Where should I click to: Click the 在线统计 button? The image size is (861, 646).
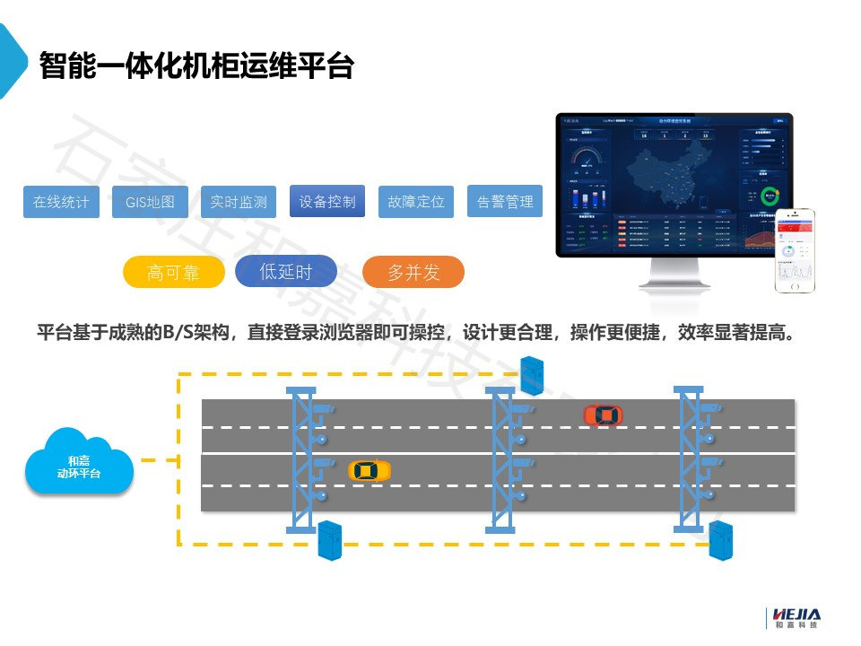pos(61,202)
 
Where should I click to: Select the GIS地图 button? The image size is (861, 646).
pos(150,202)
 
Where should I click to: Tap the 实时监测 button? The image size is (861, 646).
pos(239,202)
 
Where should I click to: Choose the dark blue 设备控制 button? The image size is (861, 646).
pos(327,201)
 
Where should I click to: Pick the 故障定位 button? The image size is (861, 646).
pos(416,202)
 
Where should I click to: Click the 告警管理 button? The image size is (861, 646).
pos(505,202)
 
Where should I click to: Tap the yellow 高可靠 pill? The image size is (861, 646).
pos(173,273)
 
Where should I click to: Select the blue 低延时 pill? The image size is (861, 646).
pos(286,272)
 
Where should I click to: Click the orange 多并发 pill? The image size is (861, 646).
pos(413,273)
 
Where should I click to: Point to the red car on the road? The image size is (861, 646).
pos(603,415)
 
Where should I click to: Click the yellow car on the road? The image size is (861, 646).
pos(370,470)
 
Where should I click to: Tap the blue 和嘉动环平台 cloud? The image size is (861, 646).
pos(79,463)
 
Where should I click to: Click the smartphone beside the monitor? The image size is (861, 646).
pos(795,250)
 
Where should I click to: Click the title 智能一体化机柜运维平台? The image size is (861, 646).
pos(196,65)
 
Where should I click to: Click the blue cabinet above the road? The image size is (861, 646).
pos(532,374)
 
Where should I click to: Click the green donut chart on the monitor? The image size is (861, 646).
pos(769,195)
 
